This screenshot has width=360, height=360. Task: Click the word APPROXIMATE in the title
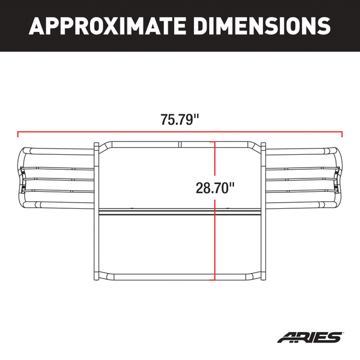108,25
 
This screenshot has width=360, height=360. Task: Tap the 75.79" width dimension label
179,120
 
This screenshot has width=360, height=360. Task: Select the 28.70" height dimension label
215,187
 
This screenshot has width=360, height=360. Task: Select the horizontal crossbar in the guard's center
154,212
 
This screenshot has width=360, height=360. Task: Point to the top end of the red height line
214,142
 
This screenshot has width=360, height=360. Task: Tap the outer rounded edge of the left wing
22,177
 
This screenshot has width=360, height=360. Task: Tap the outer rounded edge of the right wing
338,177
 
